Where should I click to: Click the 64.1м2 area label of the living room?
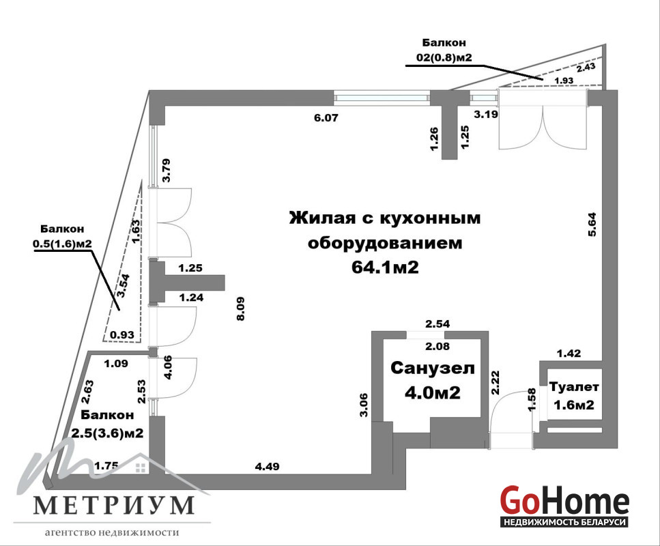point(385,268)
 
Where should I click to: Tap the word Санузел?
point(433,369)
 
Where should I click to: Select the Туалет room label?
point(574,386)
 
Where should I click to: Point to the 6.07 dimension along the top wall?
point(326,118)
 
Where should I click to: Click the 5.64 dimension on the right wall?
point(592,225)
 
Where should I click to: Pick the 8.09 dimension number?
point(241,308)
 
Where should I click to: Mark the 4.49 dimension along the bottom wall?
point(268,466)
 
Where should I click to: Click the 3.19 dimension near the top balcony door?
point(486,114)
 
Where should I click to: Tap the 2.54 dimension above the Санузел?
point(437,324)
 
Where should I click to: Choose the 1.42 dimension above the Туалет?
point(569,354)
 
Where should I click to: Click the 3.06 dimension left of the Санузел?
point(364,405)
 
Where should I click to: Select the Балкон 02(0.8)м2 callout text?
point(444,50)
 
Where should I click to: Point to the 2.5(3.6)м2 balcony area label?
point(107,433)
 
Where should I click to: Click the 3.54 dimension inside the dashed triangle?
point(124,286)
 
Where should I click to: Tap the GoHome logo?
point(564,506)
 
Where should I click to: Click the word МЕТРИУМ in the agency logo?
point(114,505)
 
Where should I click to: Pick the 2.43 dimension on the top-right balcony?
point(586,67)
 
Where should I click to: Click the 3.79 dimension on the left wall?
point(167,170)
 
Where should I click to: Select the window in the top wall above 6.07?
point(382,98)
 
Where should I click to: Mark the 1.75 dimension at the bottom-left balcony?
point(106,465)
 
